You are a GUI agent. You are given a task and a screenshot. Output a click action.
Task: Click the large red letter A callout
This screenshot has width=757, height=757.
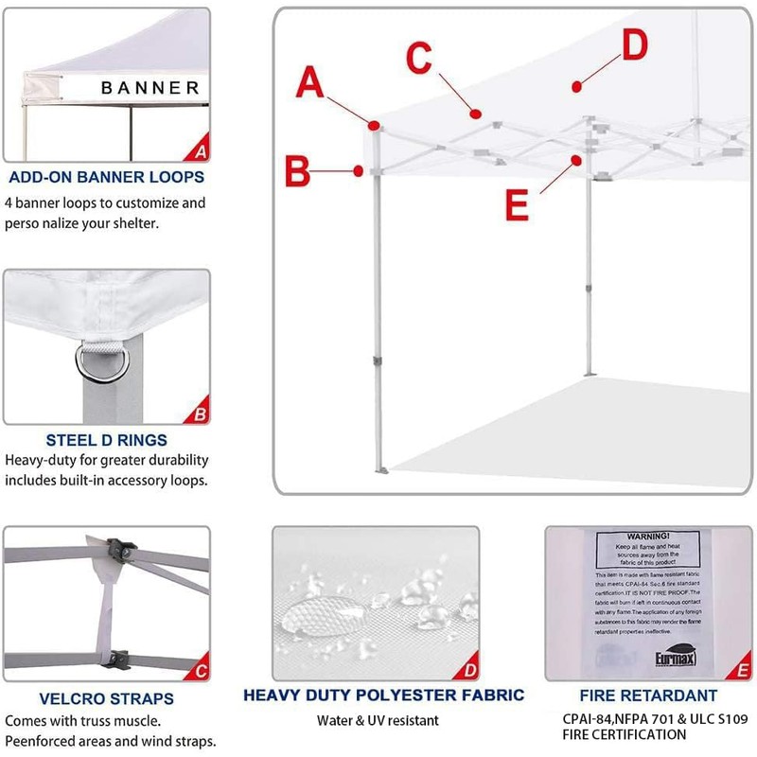tap(310, 82)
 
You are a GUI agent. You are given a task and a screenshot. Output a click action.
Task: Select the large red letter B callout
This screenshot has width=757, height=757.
tap(299, 172)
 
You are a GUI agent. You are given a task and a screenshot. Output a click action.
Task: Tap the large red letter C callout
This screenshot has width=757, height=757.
tap(421, 58)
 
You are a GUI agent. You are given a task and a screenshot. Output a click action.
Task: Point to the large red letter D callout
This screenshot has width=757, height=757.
tap(635, 44)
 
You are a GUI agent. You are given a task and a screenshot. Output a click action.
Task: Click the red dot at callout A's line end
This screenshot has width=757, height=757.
tap(376, 125)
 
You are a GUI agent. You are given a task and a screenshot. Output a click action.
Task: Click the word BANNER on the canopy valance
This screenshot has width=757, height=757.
tap(150, 88)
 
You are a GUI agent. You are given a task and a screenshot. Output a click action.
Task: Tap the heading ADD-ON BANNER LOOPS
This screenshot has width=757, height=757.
tap(106, 177)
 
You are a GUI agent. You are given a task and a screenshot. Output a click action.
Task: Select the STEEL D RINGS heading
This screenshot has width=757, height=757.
tap(106, 440)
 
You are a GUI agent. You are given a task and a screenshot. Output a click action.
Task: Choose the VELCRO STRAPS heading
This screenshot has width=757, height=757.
tap(106, 699)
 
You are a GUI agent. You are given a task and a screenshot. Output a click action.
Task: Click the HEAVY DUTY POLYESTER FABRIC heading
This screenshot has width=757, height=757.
tap(383, 695)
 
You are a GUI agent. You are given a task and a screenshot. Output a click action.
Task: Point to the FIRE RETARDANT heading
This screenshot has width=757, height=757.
tap(648, 695)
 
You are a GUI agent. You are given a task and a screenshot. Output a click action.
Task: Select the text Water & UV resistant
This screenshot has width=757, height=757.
tap(383, 720)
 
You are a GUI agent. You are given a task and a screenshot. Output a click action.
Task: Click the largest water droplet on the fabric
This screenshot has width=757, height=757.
tap(312, 614)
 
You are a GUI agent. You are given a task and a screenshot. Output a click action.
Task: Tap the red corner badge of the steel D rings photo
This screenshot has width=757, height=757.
tap(200, 414)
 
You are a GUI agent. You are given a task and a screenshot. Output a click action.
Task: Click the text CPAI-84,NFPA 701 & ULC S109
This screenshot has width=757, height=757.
tap(649, 719)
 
